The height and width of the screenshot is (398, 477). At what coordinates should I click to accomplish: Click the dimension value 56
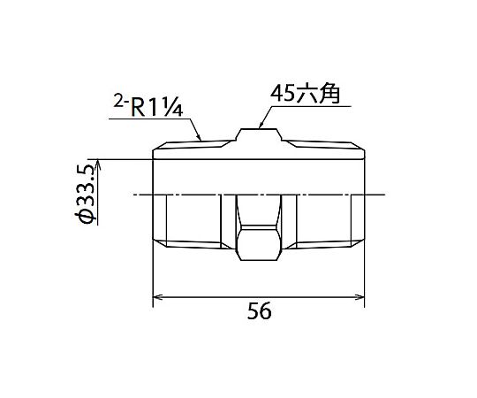[x=259, y=311]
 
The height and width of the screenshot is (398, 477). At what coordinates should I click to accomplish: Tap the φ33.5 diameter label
[x=86, y=194]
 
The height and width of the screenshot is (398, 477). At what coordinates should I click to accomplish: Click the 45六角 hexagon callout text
[x=305, y=94]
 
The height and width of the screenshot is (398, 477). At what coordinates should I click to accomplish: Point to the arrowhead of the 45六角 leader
[x=260, y=125]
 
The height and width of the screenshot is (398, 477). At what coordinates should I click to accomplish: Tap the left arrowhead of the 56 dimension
[x=156, y=297]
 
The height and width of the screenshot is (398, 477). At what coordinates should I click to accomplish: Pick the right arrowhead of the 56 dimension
[x=360, y=297]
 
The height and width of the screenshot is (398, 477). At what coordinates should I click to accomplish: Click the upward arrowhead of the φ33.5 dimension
[x=98, y=164]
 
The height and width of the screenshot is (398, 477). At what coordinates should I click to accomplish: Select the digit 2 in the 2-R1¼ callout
[x=117, y=101]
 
